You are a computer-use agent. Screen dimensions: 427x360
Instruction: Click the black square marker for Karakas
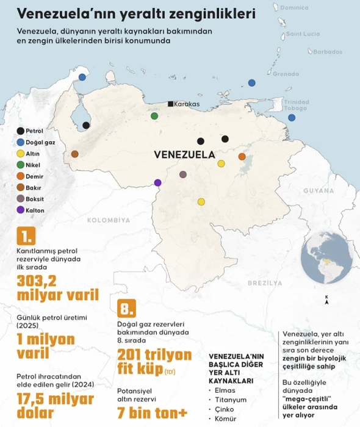coord(171,104)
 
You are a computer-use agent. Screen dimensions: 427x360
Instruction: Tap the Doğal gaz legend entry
coord(34,142)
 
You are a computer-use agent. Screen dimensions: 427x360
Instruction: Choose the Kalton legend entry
coord(30,210)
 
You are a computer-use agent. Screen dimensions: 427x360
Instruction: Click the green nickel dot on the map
coord(155,116)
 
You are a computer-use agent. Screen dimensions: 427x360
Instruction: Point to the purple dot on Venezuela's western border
coord(158,182)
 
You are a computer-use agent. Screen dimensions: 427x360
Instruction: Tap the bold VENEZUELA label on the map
coord(185,154)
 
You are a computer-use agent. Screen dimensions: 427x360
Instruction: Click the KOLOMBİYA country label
coord(109,220)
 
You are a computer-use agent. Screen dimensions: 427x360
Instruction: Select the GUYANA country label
coord(319,191)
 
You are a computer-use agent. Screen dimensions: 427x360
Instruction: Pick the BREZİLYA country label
coord(264,283)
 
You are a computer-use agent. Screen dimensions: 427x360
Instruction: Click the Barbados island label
coord(327,52)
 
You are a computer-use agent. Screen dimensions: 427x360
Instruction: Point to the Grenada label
coord(286,74)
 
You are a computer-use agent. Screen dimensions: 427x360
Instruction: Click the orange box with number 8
coord(126,308)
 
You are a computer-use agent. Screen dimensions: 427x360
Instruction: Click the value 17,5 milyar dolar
coord(56,406)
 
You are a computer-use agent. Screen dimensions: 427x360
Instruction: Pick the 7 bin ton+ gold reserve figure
coord(152,413)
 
